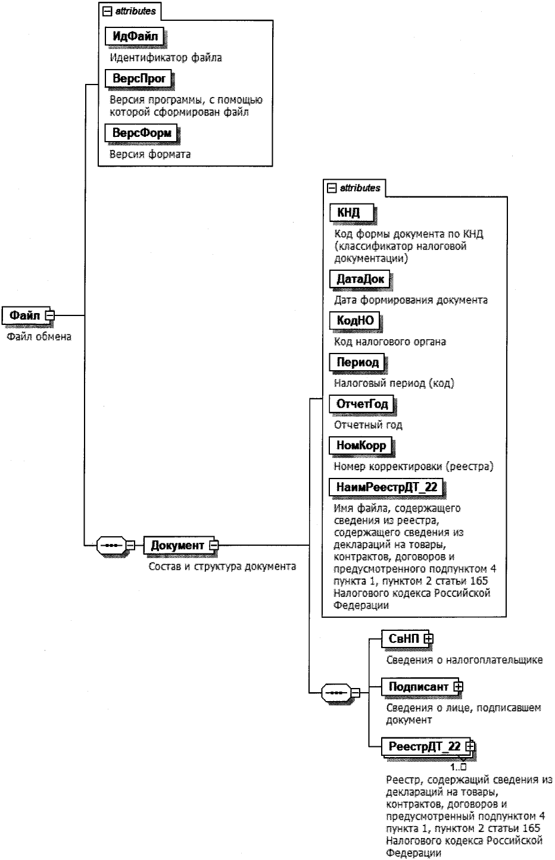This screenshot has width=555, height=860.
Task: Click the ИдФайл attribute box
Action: point(135,36)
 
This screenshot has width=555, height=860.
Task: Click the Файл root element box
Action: point(24,315)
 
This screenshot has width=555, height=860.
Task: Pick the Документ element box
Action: point(177,545)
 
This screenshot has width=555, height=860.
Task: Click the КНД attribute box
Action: point(353,212)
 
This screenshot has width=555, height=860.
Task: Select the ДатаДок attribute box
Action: point(360,279)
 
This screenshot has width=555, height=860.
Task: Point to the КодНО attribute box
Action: point(355,320)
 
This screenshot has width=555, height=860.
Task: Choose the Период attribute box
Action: point(357,362)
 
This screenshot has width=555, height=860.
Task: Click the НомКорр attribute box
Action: point(361,445)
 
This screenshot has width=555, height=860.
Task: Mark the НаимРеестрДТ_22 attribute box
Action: point(386,487)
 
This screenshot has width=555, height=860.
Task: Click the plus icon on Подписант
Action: point(458,686)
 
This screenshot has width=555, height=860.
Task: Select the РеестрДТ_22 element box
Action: point(424,746)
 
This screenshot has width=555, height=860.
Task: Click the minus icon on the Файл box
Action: point(50,315)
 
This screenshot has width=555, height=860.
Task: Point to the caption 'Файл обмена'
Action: point(39,337)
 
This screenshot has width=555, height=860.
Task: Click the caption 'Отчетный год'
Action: point(368,425)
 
